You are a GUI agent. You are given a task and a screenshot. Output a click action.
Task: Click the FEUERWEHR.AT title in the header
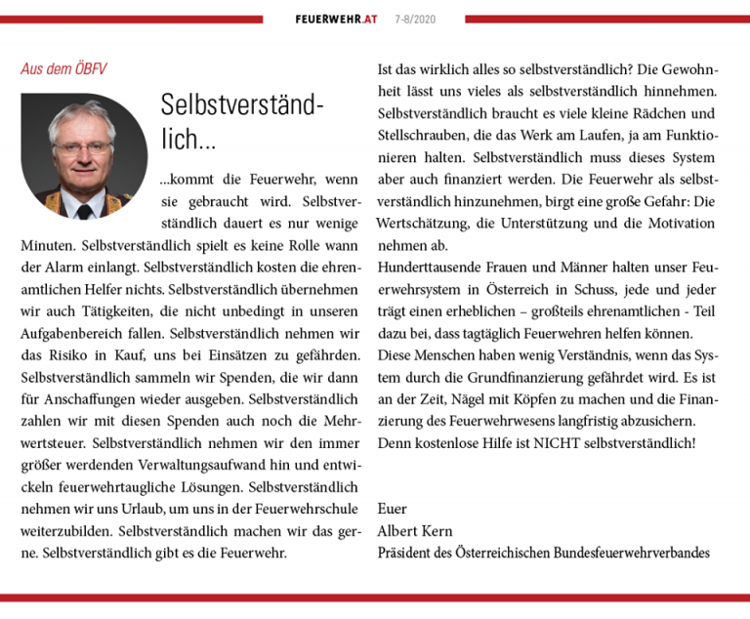[336, 20]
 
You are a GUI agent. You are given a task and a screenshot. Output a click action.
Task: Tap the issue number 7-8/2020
[415, 20]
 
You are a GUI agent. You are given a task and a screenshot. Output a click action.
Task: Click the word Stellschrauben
[430, 136]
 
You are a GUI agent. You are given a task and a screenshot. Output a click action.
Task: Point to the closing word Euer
[393, 509]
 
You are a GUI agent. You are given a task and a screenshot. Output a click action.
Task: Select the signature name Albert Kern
[414, 531]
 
